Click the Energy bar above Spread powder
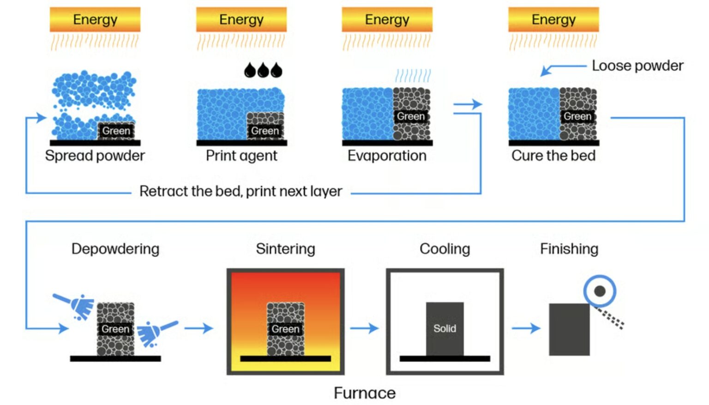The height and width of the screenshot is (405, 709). (95, 19)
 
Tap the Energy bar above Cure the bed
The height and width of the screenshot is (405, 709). (553, 19)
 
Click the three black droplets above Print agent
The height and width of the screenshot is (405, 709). (263, 70)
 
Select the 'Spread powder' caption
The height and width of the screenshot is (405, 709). (95, 155)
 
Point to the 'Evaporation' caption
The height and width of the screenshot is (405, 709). (387, 155)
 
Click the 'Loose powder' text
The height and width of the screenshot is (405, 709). (637, 66)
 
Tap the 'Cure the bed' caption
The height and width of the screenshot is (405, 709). (553, 155)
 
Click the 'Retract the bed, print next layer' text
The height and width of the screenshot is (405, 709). (240, 191)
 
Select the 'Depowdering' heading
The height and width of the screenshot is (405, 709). (115, 249)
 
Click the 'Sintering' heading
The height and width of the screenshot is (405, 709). (285, 249)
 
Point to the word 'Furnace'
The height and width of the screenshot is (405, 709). (365, 393)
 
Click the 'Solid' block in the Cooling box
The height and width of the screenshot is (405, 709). (445, 328)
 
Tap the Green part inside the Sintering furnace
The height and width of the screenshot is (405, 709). (285, 328)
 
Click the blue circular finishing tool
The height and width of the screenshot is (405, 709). (600, 291)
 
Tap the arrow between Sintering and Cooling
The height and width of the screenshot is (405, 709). (364, 328)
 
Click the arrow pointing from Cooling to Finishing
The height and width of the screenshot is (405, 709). (526, 328)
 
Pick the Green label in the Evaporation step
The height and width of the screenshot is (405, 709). (411, 116)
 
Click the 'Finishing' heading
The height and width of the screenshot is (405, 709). (569, 249)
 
